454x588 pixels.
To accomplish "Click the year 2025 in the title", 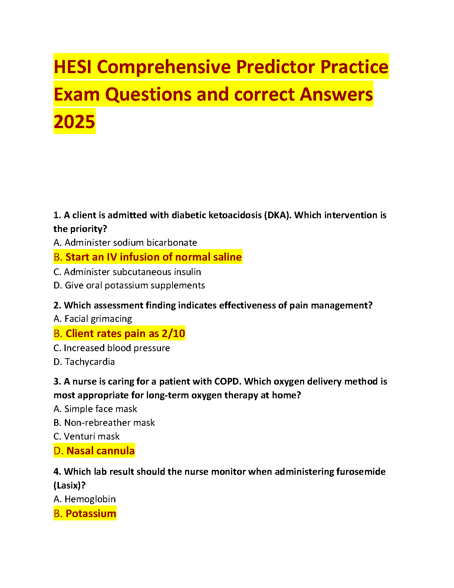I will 74,122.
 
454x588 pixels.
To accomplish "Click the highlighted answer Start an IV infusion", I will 148,257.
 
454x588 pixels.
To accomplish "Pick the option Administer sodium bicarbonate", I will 125,243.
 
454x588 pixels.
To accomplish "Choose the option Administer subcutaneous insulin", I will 127,272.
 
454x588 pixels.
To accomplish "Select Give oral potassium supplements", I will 129,285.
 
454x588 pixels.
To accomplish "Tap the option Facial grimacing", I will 93,319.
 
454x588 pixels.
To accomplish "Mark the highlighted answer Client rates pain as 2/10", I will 119,333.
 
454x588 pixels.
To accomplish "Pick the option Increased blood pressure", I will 112,348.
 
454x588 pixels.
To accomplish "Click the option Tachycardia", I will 84,362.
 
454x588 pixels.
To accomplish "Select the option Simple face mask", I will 95,409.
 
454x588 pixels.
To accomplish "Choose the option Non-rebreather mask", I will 104,423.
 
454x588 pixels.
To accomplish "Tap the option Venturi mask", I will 86,437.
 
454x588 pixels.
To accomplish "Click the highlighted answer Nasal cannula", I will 94,451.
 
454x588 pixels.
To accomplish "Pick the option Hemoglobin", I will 85,499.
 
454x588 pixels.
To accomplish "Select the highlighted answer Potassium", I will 85,513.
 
